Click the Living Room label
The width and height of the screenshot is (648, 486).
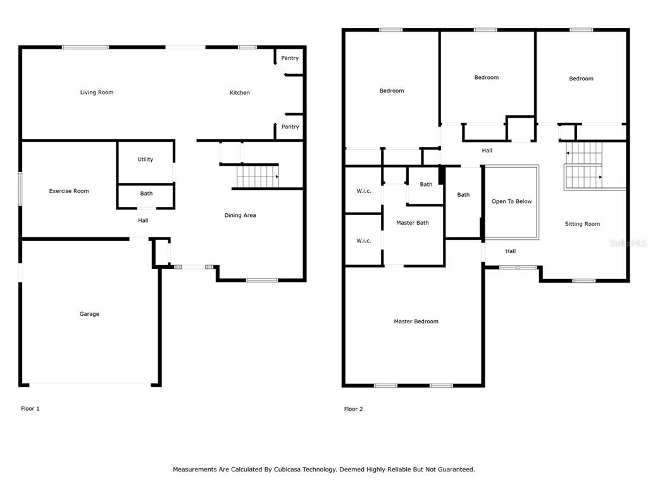pyautogui.click(x=97, y=92)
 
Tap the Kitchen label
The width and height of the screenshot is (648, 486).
pyautogui.click(x=240, y=92)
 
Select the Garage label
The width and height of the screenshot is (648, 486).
pyautogui.click(x=89, y=314)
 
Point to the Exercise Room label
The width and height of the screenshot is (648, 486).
pyautogui.click(x=69, y=191)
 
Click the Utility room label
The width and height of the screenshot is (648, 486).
pyautogui.click(x=146, y=159)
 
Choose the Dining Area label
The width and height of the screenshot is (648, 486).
pyautogui.click(x=240, y=215)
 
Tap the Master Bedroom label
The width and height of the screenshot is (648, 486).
pyautogui.click(x=416, y=321)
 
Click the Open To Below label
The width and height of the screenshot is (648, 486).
pyautogui.click(x=511, y=201)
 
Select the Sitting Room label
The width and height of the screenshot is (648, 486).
pyautogui.click(x=582, y=224)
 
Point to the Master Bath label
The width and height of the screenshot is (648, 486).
pyautogui.click(x=413, y=223)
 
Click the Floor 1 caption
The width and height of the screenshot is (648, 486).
pyautogui.click(x=30, y=409)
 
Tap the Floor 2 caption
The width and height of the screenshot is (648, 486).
pyautogui.click(x=353, y=409)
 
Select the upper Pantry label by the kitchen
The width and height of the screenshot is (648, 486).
pyautogui.click(x=290, y=58)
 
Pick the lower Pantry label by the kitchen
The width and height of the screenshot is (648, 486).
pyautogui.click(x=290, y=127)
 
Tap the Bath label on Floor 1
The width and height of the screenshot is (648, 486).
pyautogui.click(x=146, y=194)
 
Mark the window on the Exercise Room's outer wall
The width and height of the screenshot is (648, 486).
pyautogui.click(x=20, y=189)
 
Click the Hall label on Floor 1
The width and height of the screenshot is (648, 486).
pyautogui.click(x=143, y=221)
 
